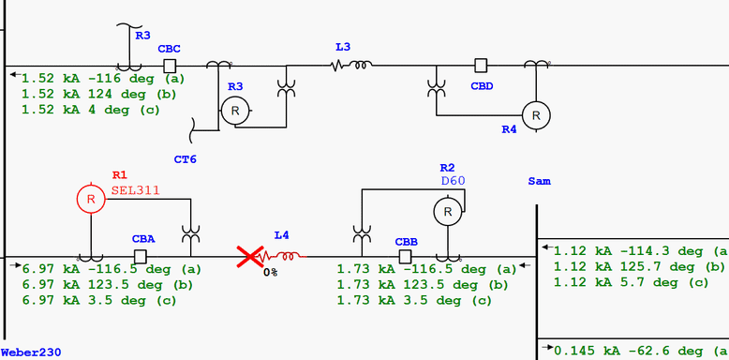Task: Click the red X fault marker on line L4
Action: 249,256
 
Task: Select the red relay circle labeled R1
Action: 91,199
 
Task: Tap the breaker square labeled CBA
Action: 141,256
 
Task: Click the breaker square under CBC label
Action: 170,65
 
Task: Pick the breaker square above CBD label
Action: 481,65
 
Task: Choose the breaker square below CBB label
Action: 406,256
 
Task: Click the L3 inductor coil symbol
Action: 352,65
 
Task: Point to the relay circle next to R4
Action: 536,114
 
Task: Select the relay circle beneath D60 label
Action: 448,213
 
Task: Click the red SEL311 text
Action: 136,189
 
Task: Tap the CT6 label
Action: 186,159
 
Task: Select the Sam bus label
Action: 539,180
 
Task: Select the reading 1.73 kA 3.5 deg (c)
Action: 414,301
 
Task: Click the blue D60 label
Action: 454,180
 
